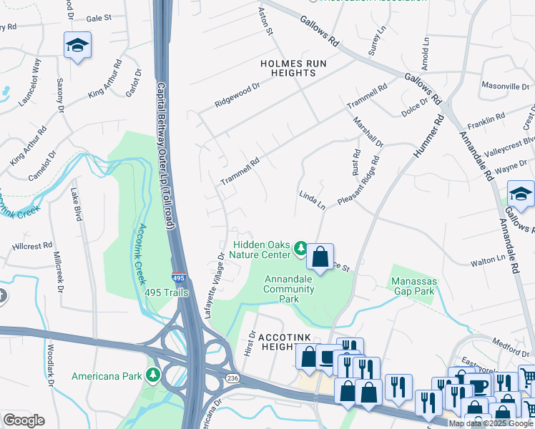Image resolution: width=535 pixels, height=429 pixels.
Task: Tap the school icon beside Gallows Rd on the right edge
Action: pyautogui.click(x=520, y=194)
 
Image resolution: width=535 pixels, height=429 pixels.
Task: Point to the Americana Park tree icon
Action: pyautogui.click(x=152, y=375)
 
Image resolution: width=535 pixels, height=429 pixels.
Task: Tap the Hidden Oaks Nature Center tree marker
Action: pyautogui.click(x=301, y=249)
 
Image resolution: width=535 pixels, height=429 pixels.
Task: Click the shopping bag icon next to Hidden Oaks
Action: pyautogui.click(x=321, y=255)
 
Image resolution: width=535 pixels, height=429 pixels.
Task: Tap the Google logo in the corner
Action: pyautogui.click(x=24, y=420)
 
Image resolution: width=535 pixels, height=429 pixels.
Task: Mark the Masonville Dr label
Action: pyautogui.click(x=505, y=86)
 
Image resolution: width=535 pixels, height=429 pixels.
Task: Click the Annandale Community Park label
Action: pyautogui.click(x=289, y=289)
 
